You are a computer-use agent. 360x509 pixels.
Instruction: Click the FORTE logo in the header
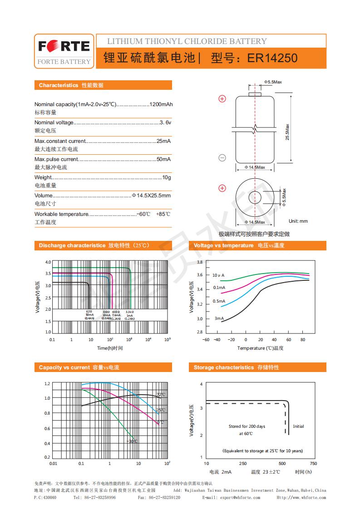(64, 46)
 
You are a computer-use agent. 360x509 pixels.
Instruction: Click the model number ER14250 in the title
(272, 59)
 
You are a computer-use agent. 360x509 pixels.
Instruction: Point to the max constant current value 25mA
(163, 141)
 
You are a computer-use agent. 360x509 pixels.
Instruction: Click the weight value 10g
(167, 177)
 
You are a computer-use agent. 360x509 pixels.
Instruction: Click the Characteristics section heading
(59, 85)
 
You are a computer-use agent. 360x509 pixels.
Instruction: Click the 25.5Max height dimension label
(287, 132)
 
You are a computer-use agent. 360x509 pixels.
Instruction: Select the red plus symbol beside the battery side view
(222, 98)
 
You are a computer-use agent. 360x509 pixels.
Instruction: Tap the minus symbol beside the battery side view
(222, 158)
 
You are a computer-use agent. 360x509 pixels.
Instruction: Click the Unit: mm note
(298, 221)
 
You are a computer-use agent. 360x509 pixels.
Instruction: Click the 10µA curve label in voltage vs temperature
(218, 275)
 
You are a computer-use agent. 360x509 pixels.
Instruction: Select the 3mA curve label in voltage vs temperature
(219, 318)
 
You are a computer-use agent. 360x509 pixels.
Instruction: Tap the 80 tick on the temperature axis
(302, 339)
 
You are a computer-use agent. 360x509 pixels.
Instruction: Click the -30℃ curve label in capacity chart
(132, 441)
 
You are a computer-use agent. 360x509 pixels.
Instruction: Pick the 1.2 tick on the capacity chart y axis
(47, 384)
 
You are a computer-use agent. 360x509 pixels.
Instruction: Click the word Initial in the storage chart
(298, 426)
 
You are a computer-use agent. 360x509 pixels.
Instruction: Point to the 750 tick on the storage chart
(313, 463)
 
